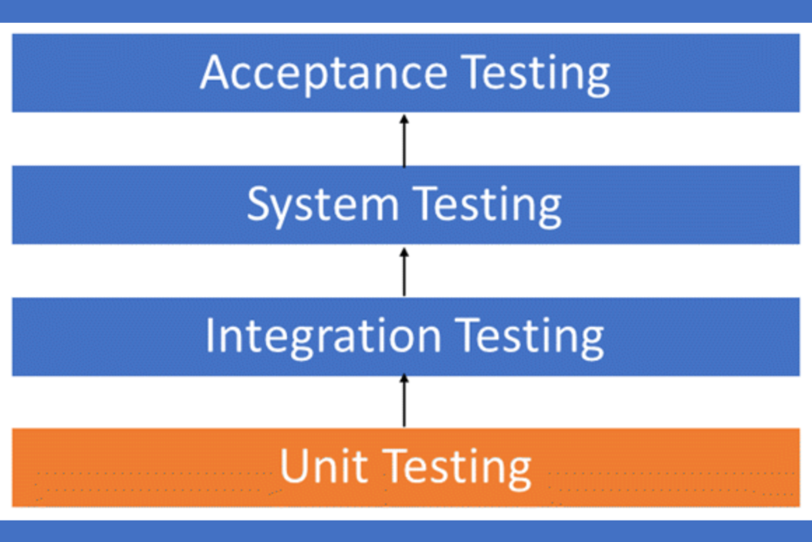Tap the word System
pyautogui.click(x=323, y=205)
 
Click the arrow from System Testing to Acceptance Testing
pyautogui.click(x=404, y=140)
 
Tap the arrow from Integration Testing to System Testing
pyautogui.click(x=404, y=272)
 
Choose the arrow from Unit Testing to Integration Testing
pyautogui.click(x=404, y=401)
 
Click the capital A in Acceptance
pyautogui.click(x=216, y=73)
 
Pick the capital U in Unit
pyautogui.click(x=294, y=467)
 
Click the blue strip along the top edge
pyautogui.click(x=406, y=10)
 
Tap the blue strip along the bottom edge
pyautogui.click(x=406, y=531)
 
